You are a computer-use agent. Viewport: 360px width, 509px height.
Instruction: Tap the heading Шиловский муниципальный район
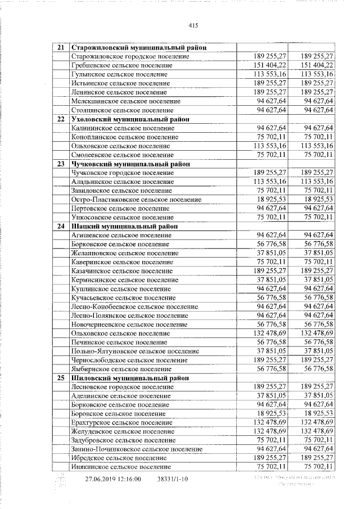tap(127, 377)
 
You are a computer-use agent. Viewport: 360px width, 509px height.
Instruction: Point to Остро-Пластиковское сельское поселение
tap(136, 199)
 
